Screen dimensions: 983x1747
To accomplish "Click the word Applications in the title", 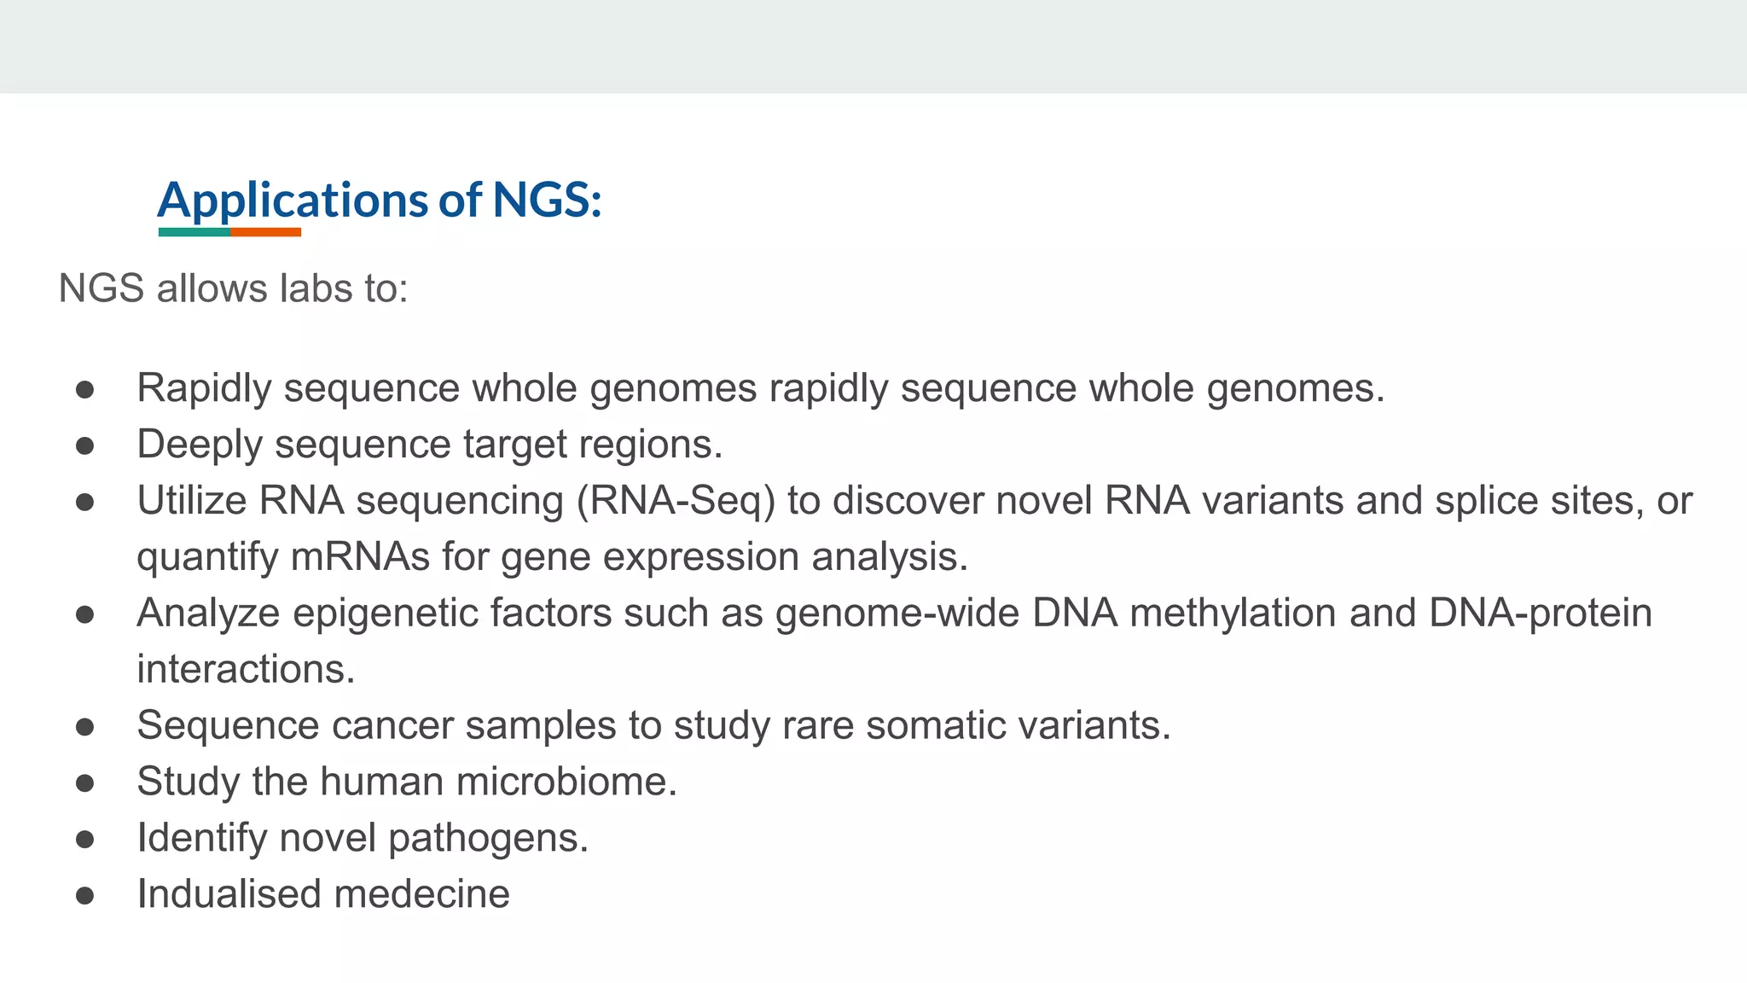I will point(293,201).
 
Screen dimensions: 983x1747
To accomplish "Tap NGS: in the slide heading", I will point(547,201).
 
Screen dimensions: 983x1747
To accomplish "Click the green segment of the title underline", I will point(194,232).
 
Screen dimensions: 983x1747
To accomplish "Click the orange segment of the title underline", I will point(265,232).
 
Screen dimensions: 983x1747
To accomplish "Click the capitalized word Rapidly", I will point(204,388).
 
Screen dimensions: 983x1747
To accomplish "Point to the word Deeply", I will point(199,445).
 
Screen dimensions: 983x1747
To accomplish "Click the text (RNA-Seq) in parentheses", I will point(676,501).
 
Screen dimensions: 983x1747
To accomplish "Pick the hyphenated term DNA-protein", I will point(1541,614).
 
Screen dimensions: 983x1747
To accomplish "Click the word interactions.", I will point(246,669).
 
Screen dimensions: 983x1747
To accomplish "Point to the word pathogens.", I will point(488,838).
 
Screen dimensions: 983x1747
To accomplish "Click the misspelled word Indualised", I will point(229,894).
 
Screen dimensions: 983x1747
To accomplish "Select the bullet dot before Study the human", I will point(84,782).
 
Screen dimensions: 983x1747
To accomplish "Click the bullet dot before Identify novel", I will point(84,839).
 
